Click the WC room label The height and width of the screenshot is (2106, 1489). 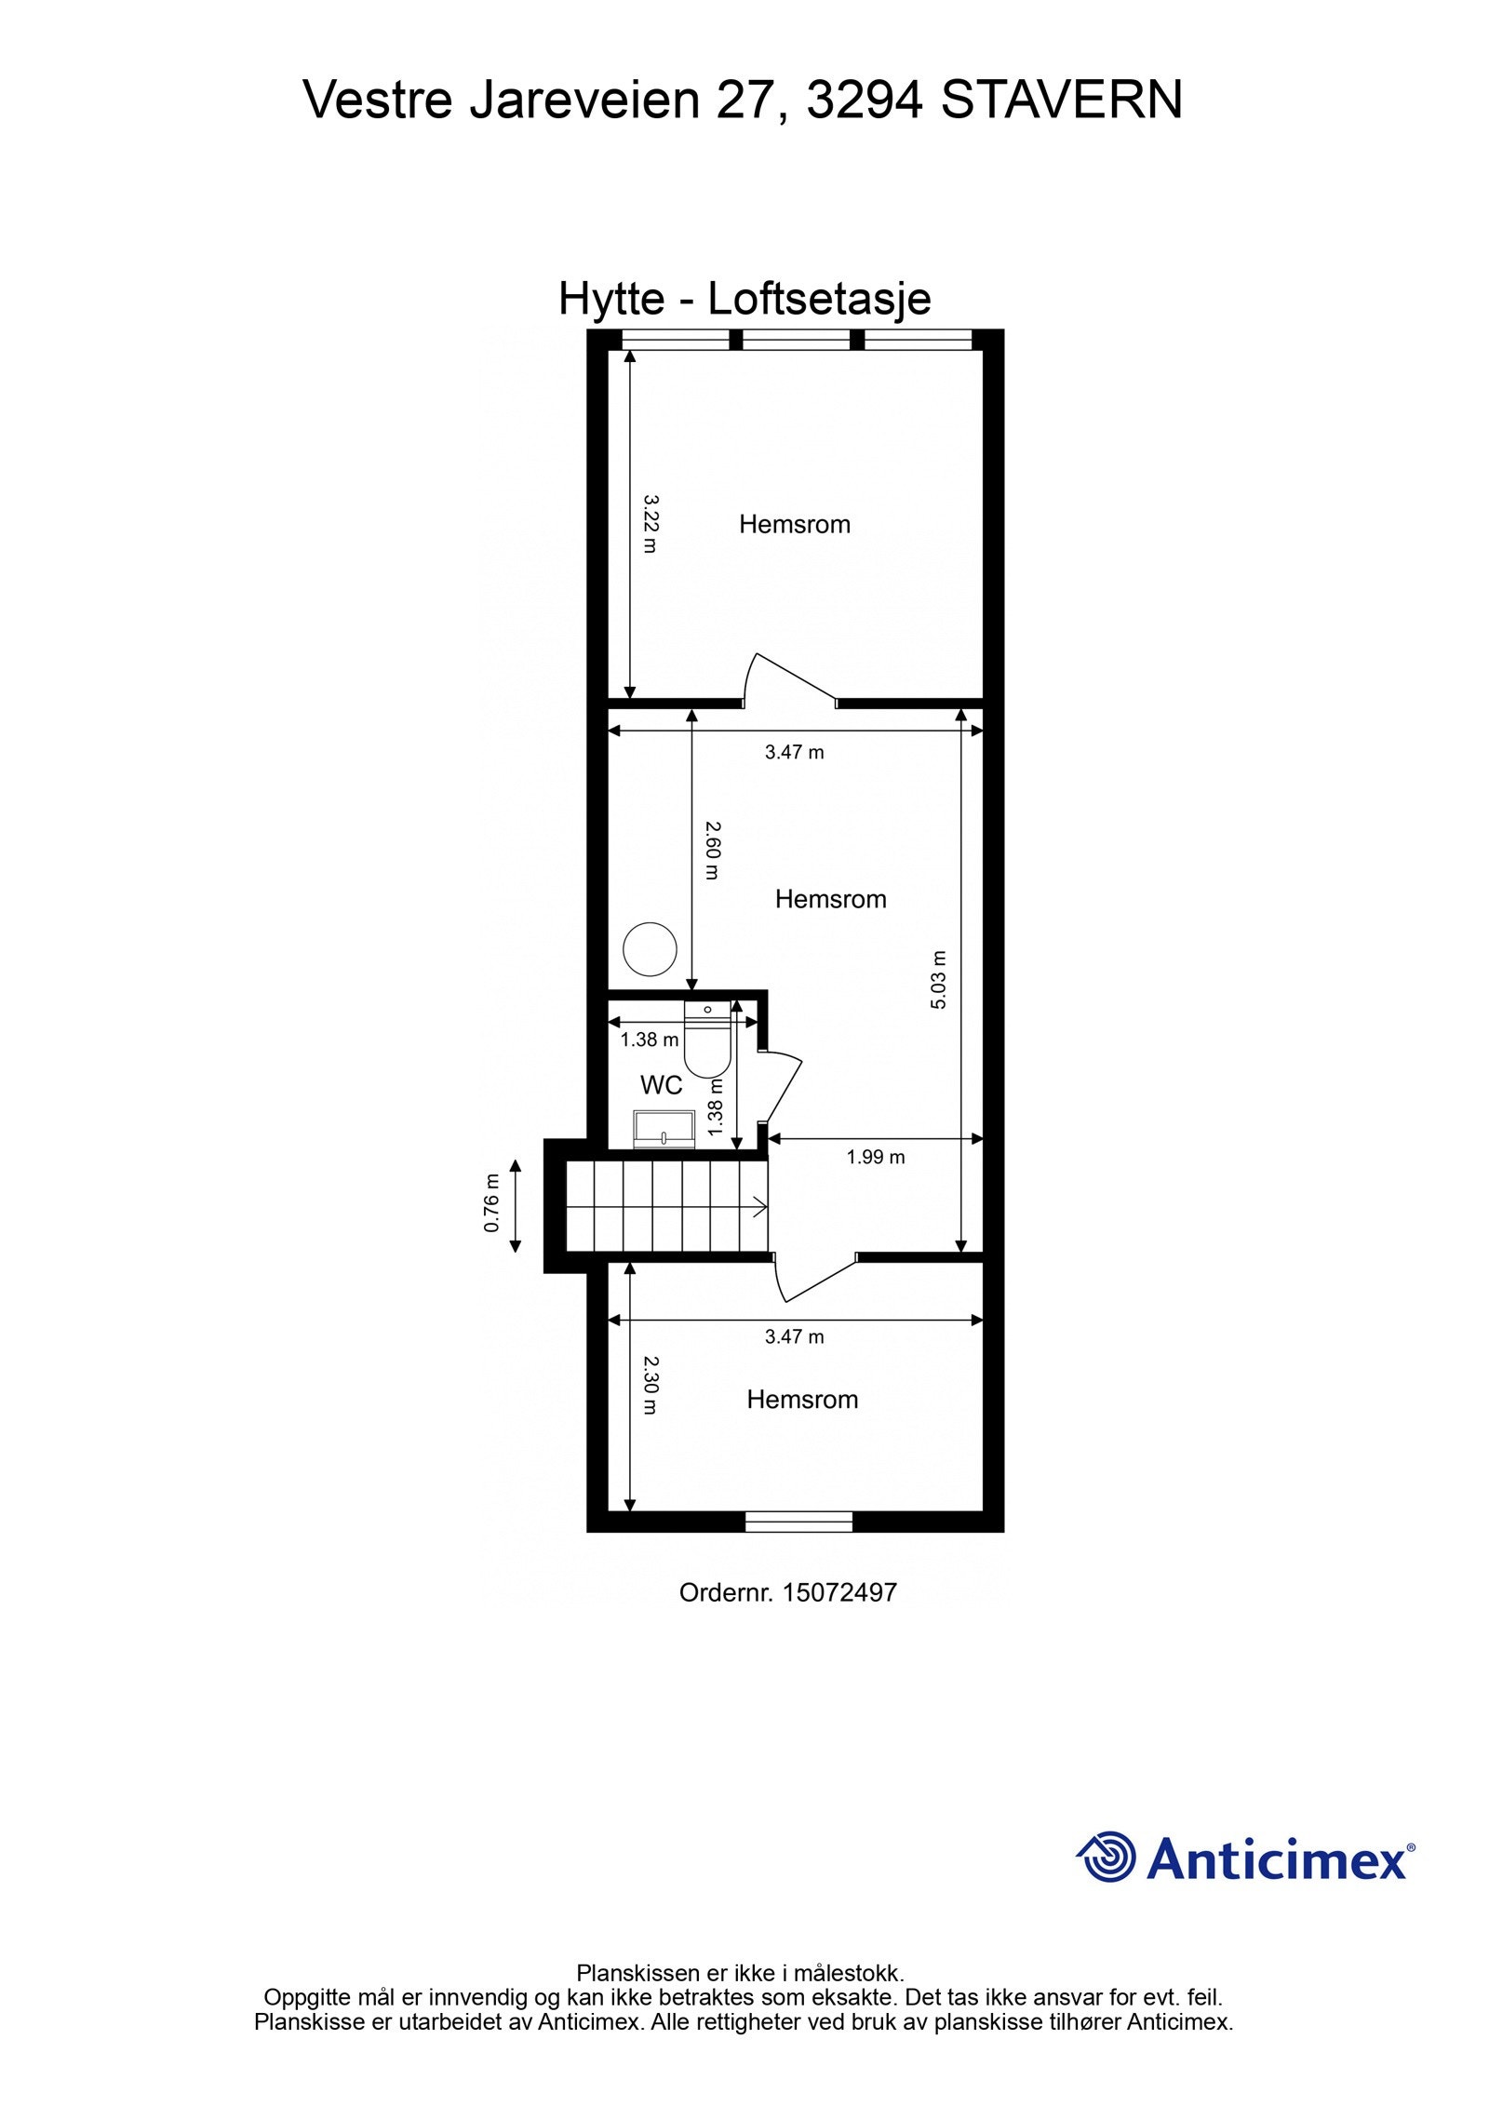pyautogui.click(x=661, y=1084)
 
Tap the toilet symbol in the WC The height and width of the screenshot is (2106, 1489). pyautogui.click(x=706, y=1039)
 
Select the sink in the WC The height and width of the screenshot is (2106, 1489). pyautogui.click(x=664, y=1129)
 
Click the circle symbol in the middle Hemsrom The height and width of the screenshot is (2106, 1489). pyautogui.click(x=650, y=948)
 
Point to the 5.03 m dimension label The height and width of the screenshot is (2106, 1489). pyautogui.click(x=938, y=979)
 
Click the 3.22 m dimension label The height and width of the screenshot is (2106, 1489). pyautogui.click(x=651, y=523)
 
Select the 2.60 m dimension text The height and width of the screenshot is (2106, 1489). pyautogui.click(x=712, y=849)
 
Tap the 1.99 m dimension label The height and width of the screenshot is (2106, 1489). pyautogui.click(x=875, y=1157)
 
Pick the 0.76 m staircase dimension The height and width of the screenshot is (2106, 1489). pyautogui.click(x=492, y=1203)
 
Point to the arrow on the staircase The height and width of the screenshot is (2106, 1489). pyautogui.click(x=758, y=1209)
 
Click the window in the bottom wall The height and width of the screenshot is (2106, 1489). pyautogui.click(x=798, y=1522)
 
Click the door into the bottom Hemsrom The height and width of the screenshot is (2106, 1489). pyautogui.click(x=814, y=1277)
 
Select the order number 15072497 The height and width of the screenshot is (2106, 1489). pyautogui.click(x=839, y=1592)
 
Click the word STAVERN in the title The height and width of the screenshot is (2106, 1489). pyautogui.click(x=1061, y=100)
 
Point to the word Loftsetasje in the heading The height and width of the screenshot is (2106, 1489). pyautogui.click(x=819, y=300)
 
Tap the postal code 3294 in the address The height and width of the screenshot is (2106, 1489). pyautogui.click(x=864, y=100)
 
